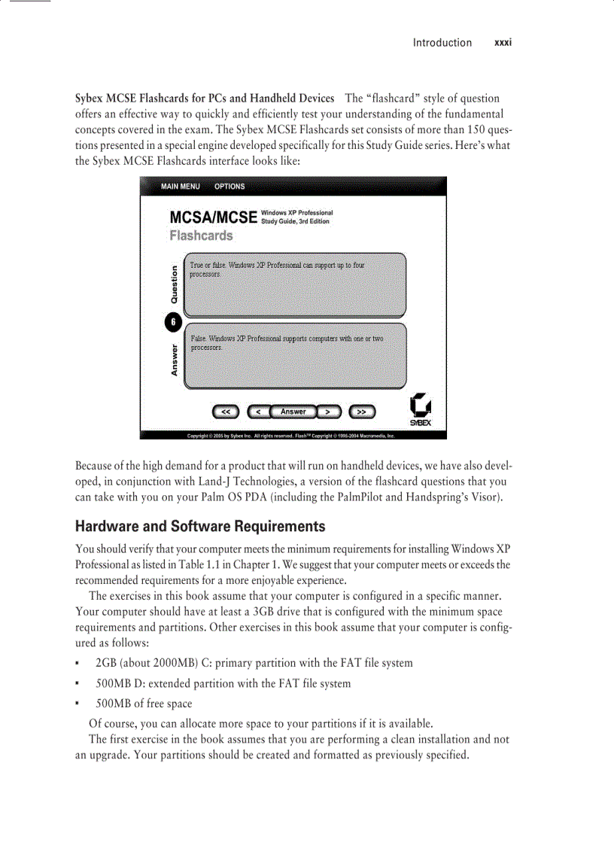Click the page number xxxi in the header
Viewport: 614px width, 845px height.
pos(503,43)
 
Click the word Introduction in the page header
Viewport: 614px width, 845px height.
pos(442,43)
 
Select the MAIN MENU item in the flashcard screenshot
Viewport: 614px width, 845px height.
pos(181,187)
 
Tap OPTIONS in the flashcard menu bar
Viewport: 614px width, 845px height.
pos(229,187)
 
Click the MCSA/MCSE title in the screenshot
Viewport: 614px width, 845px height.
pos(214,217)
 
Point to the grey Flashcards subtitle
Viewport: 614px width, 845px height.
pos(201,236)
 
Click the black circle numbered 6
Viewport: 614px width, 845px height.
pos(173,322)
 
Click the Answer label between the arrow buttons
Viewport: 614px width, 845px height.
pos(293,412)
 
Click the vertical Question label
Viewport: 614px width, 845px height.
pos(175,284)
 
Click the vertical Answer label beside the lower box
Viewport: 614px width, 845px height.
pos(175,360)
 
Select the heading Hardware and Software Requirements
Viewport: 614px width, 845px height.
pos(200,526)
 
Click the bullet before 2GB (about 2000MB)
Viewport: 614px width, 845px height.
pos(78,664)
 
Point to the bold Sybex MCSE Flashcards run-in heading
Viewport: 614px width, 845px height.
pos(205,99)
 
